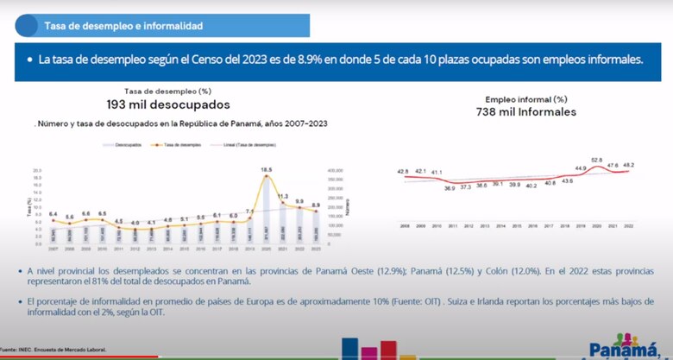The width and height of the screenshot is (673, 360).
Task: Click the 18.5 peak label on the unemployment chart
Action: [x=267, y=169]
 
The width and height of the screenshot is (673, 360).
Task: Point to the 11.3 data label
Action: [x=282, y=196]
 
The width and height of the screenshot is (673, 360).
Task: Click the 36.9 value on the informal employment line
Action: [x=449, y=187]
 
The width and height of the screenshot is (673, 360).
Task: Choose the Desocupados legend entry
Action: [x=127, y=146]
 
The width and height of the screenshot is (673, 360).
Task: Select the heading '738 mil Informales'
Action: [x=525, y=112]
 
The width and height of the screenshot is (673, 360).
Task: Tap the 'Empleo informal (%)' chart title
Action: [x=525, y=99]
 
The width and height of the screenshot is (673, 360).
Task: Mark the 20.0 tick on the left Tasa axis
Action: [x=35, y=171]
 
